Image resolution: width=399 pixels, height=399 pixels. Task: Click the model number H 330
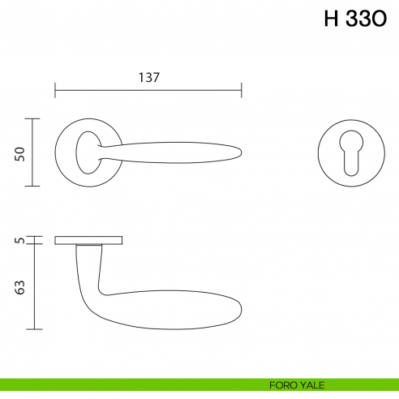355,20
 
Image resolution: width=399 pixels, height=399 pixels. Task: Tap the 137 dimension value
148,78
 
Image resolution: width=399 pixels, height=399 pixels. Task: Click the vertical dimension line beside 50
32,152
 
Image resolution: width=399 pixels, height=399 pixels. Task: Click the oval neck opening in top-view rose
87,151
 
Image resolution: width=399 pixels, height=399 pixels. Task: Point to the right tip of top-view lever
240,152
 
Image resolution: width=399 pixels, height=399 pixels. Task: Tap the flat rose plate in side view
89,240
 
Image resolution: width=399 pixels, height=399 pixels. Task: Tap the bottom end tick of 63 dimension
32,329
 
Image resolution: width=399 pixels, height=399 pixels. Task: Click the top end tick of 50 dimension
32,118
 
